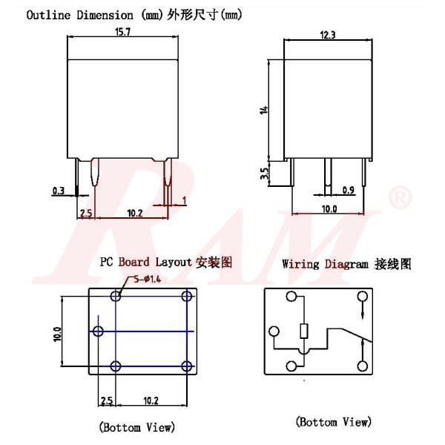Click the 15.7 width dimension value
pos(124,32)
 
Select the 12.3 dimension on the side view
pos(328,34)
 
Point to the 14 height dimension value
pos(263,110)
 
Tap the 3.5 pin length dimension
pos(263,174)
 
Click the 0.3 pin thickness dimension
pos(59,191)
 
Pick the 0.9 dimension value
pos(349,191)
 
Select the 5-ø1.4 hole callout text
pos(147,279)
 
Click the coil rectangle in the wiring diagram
pos(303,332)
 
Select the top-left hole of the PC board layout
pos(116,296)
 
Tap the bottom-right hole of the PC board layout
pos(185,365)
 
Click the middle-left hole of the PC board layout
pos(98,330)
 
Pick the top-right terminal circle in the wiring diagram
pos(362,297)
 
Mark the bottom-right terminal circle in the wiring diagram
pos(362,365)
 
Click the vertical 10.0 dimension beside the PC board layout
pos(57,331)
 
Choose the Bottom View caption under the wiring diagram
pos(333,421)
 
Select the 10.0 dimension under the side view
pos(329,209)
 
